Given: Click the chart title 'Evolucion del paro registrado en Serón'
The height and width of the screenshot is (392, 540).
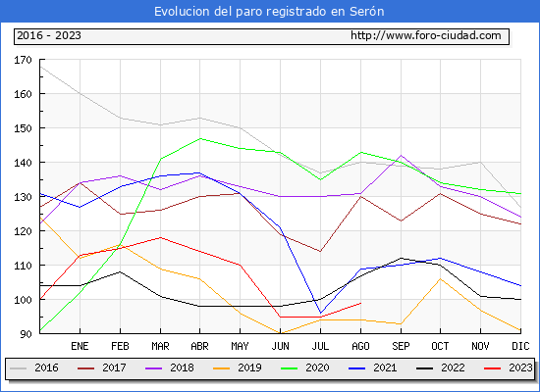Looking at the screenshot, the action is [x=269, y=12].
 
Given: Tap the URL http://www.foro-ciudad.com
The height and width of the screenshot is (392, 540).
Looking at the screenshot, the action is [x=426, y=35].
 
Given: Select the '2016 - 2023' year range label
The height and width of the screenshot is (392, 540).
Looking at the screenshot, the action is [x=49, y=35].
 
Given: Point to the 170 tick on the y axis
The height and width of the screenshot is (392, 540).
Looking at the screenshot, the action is [x=23, y=60].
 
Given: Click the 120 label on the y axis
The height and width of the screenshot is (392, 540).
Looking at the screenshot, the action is [x=23, y=231].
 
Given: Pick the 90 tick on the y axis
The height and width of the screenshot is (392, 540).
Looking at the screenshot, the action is [x=26, y=334].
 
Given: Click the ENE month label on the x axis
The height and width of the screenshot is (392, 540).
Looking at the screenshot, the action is [x=80, y=346].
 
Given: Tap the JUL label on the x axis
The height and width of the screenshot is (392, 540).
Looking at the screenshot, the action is [x=320, y=346].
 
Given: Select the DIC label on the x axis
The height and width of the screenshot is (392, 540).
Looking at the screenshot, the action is [x=520, y=346].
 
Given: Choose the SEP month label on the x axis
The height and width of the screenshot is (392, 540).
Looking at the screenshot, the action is [x=401, y=346].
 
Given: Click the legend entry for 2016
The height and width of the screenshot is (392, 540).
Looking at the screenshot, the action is [x=34, y=367].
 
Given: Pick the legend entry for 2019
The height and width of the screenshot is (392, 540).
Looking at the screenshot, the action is [x=238, y=367].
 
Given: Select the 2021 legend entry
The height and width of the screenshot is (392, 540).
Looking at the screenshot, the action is [x=373, y=367].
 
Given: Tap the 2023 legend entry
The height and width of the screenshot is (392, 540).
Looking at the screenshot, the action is [x=508, y=367].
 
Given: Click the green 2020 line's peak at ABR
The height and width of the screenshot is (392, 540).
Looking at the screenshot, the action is [x=200, y=138].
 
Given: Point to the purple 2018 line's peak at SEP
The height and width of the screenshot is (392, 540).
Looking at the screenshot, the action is [x=401, y=156].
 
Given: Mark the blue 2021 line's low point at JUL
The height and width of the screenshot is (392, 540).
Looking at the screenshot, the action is [x=321, y=313].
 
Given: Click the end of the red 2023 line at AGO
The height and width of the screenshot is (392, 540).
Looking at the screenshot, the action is [x=361, y=303].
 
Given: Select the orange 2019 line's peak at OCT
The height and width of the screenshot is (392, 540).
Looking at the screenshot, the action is [x=441, y=279].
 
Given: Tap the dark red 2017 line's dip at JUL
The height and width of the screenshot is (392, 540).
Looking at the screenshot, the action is [x=321, y=251].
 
